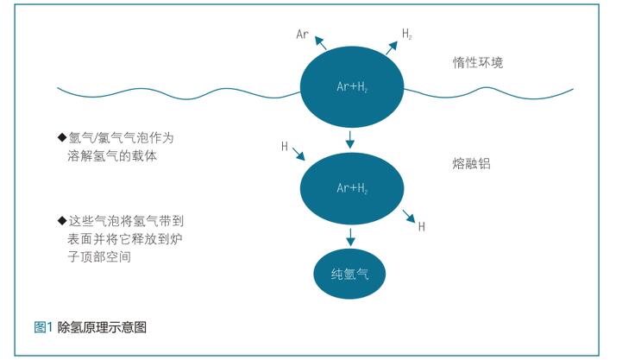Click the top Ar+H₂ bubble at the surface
coord(352,87)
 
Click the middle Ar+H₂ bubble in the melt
coord(352,188)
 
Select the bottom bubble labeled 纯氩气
coord(349,274)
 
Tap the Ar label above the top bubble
coord(302,35)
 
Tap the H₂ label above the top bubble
coord(407,34)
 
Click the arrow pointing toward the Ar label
coord(320,43)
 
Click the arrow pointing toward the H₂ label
coord(392,47)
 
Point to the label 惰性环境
coord(478,62)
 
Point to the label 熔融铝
coord(471,163)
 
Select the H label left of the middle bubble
coord(285,147)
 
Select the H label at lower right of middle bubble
coord(422,227)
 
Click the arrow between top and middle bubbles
coord(349,139)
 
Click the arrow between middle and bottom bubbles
coord(350,237)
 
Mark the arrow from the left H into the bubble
coord(298,154)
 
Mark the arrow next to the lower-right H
coord(409,217)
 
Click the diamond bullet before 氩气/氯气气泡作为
coord(62,137)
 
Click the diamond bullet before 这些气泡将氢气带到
coord(62,220)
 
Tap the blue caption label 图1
coord(43,327)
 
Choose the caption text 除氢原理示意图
coord(102,327)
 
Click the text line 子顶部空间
coord(99,256)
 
